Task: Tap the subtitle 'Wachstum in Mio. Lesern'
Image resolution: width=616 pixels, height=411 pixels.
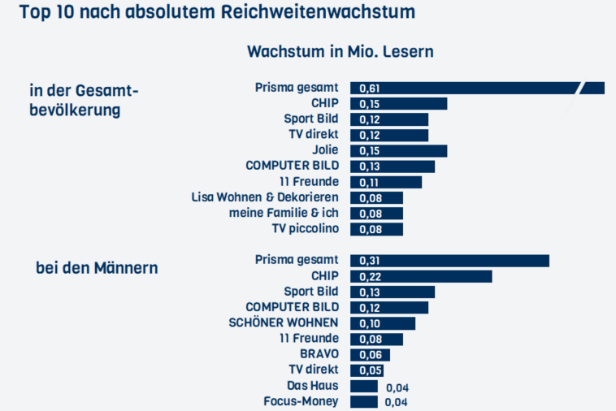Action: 340,51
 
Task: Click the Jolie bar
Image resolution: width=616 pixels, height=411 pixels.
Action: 398,150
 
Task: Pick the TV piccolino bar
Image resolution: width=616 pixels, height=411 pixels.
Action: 376,229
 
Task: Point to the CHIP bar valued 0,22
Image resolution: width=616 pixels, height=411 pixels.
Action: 421,276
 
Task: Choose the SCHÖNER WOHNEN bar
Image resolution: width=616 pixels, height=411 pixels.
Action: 382,323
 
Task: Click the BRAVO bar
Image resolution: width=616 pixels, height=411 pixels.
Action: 370,355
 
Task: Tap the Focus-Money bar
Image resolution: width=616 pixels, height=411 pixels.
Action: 364,402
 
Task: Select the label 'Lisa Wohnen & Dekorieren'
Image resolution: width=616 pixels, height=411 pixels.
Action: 265,197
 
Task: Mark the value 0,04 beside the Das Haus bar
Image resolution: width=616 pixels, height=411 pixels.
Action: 395,387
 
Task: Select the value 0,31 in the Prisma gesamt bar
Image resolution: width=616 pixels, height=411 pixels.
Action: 369,261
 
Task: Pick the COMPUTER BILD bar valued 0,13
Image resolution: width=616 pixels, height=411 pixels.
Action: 393,167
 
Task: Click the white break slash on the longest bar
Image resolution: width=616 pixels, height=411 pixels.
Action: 581,88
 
